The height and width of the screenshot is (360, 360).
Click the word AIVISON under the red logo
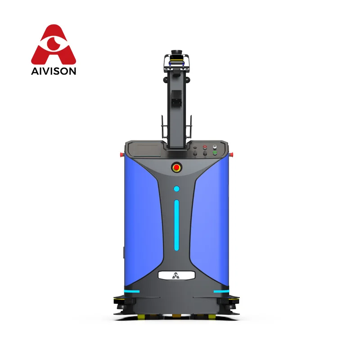(x=54, y=71)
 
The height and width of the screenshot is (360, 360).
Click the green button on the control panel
(x=215, y=153)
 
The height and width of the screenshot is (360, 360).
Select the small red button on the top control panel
(x=205, y=147)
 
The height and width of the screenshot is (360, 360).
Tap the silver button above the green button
(x=215, y=147)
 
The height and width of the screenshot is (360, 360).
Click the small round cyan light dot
(x=176, y=189)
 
